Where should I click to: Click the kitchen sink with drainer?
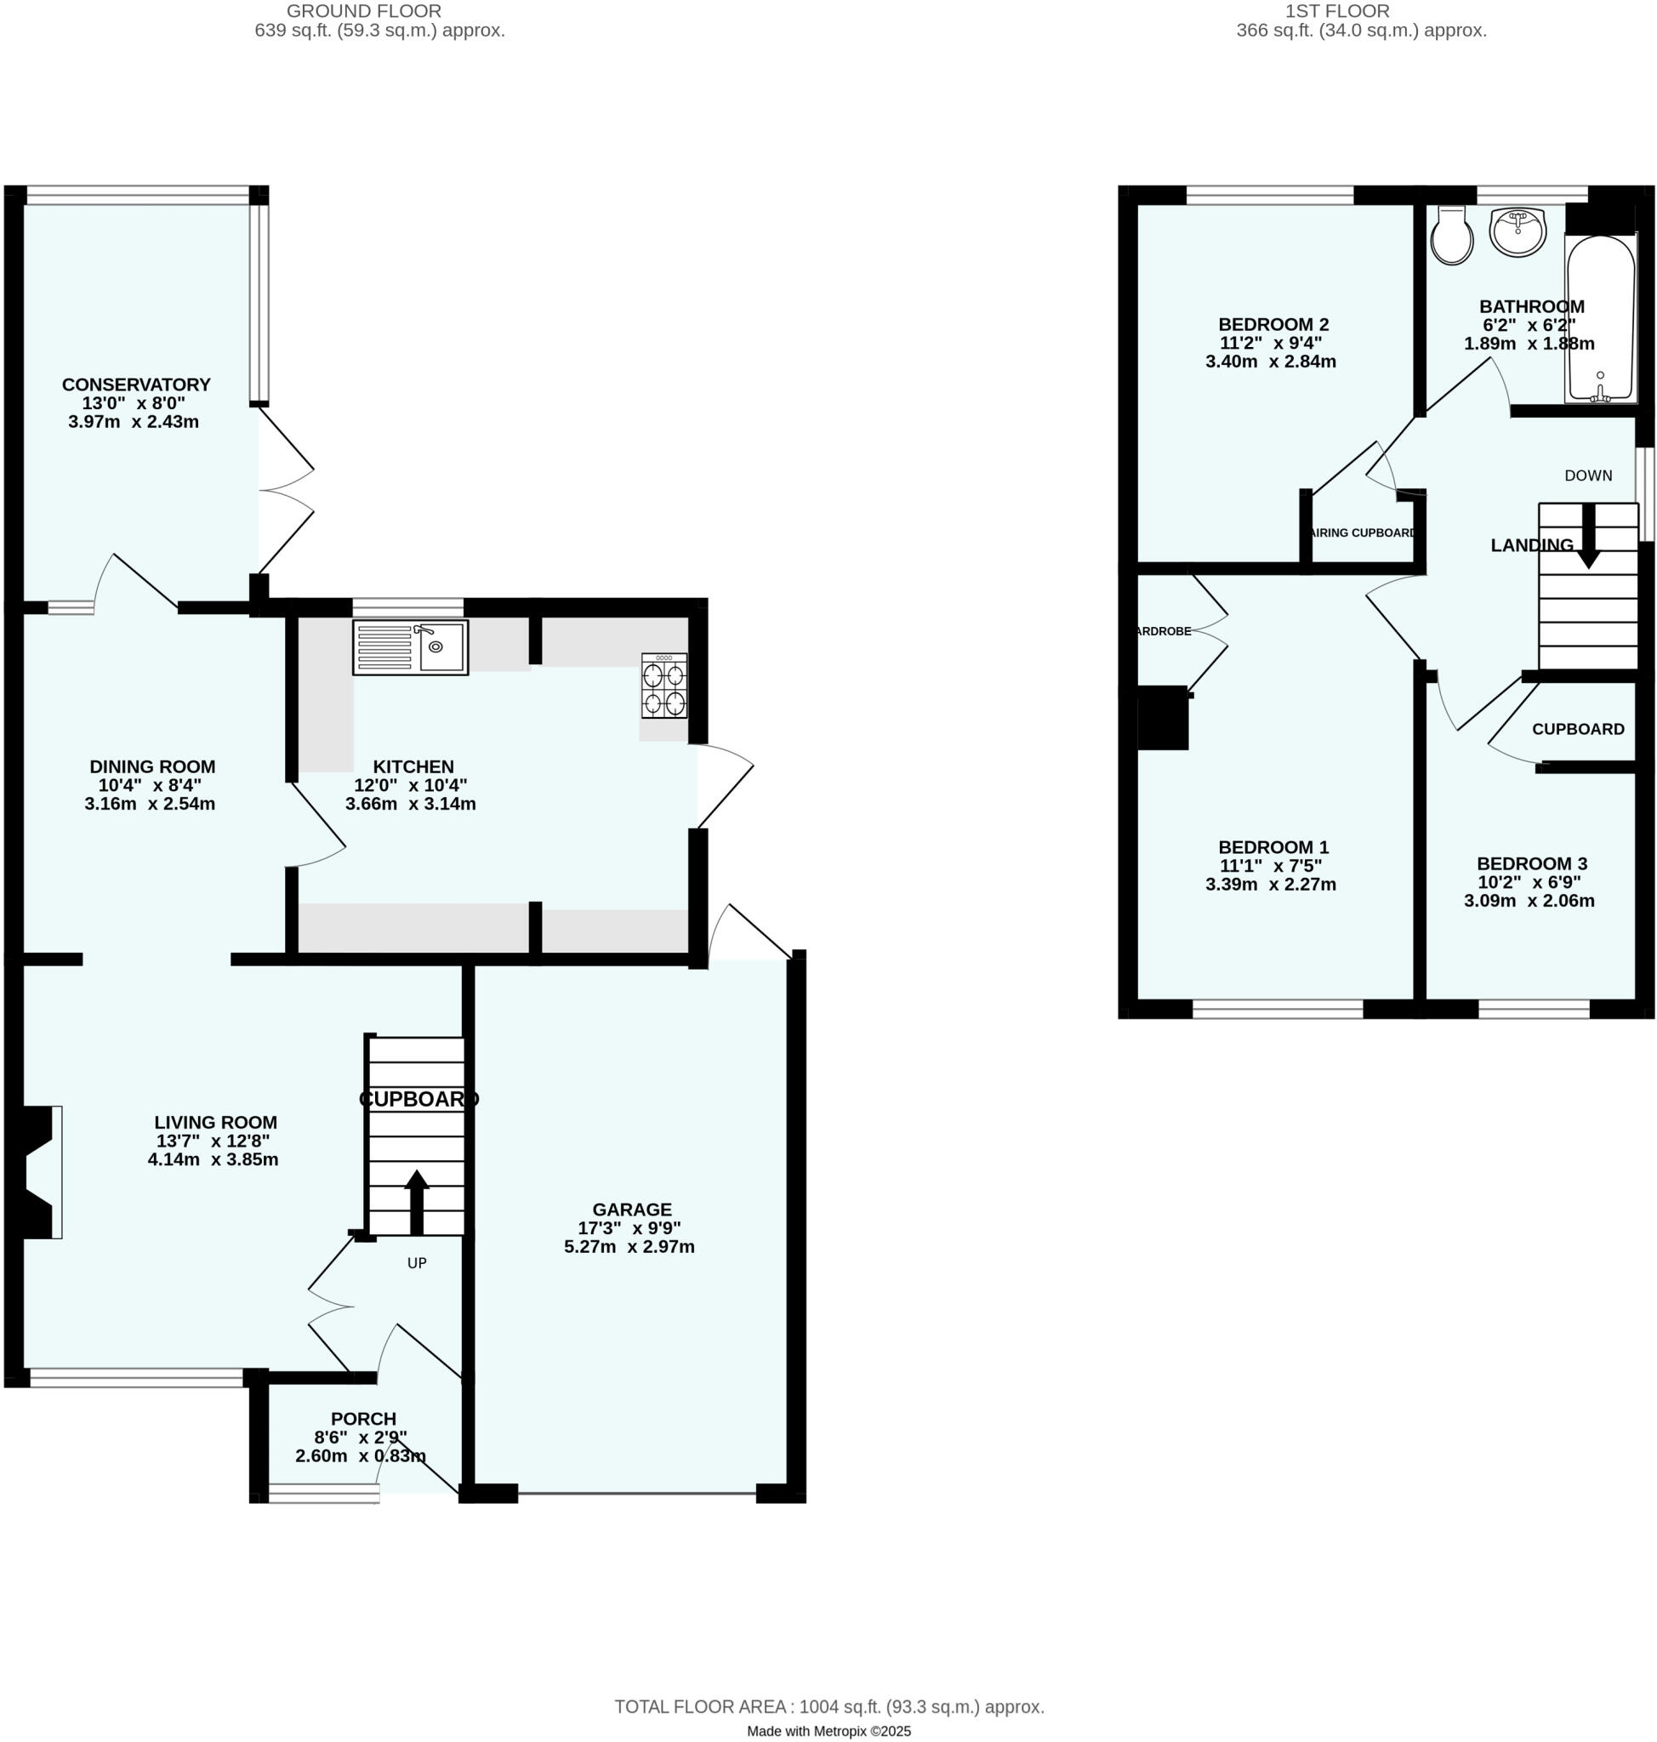click(410, 646)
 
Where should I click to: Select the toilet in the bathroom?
click(1451, 236)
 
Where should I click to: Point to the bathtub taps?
click(1600, 390)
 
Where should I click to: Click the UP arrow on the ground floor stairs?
click(416, 1201)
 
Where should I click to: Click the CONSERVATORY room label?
click(136, 384)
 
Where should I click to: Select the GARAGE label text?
click(631, 1210)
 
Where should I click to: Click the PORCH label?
click(363, 1419)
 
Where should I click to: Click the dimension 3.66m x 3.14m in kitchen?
click(410, 804)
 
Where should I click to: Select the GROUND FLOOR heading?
click(364, 12)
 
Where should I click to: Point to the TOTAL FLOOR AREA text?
click(828, 1706)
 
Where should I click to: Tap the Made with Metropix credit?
click(828, 1732)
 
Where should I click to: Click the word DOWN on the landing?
click(1588, 475)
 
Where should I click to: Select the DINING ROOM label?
click(152, 766)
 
